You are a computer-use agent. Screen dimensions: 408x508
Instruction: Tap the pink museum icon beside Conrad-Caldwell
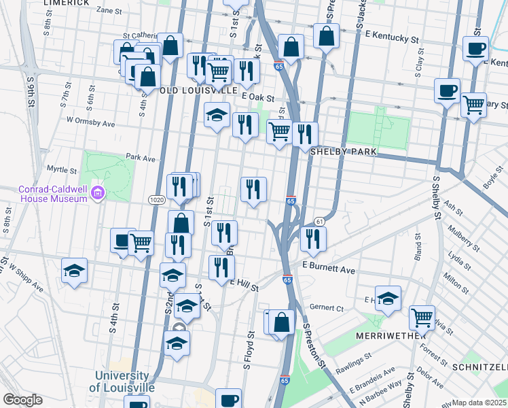(99, 194)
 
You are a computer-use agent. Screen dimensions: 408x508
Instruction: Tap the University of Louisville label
(122, 381)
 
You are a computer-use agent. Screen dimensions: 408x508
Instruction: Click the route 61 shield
(319, 222)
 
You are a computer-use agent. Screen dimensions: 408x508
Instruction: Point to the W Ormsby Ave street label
(90, 123)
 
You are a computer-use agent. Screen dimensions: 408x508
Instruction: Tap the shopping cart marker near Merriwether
(422, 316)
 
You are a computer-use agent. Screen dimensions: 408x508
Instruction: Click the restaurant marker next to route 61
(312, 238)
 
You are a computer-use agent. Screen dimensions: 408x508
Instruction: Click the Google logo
(22, 400)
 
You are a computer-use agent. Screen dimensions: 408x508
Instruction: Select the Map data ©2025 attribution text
(479, 403)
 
